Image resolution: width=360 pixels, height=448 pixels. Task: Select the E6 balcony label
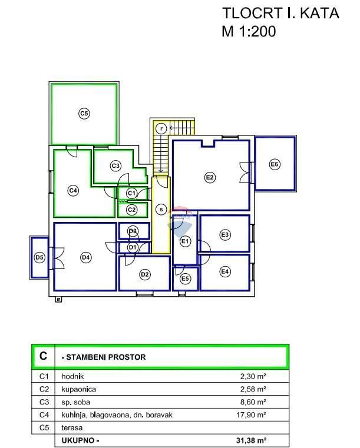[x=274, y=164]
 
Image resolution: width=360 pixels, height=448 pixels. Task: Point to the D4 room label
[x=85, y=257]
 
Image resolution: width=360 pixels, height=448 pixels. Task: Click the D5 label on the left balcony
[x=39, y=257]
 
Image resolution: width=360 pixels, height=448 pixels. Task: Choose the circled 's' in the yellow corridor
[x=160, y=209]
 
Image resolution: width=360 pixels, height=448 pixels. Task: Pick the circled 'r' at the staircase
[x=160, y=128]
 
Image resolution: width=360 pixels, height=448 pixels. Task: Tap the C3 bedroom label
[x=115, y=166]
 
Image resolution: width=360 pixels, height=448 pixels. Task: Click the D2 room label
[x=144, y=274]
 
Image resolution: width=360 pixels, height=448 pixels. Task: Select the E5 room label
[x=185, y=278]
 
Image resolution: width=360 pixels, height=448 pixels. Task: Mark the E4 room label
[x=224, y=271]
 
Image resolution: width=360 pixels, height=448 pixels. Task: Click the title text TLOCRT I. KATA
[x=280, y=13]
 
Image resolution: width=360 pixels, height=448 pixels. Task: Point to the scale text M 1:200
[x=249, y=32]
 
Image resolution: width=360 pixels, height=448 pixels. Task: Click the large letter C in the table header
[x=43, y=356]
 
